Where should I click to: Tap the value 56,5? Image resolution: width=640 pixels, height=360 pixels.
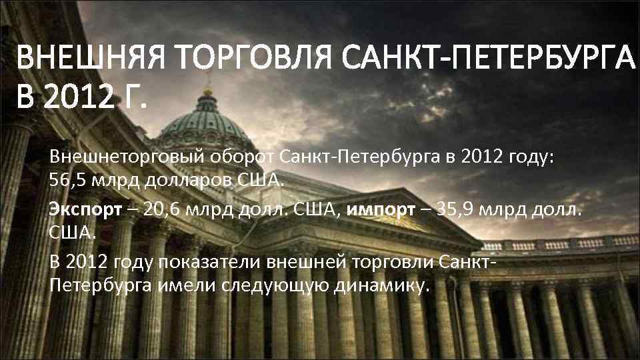point(67,180)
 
